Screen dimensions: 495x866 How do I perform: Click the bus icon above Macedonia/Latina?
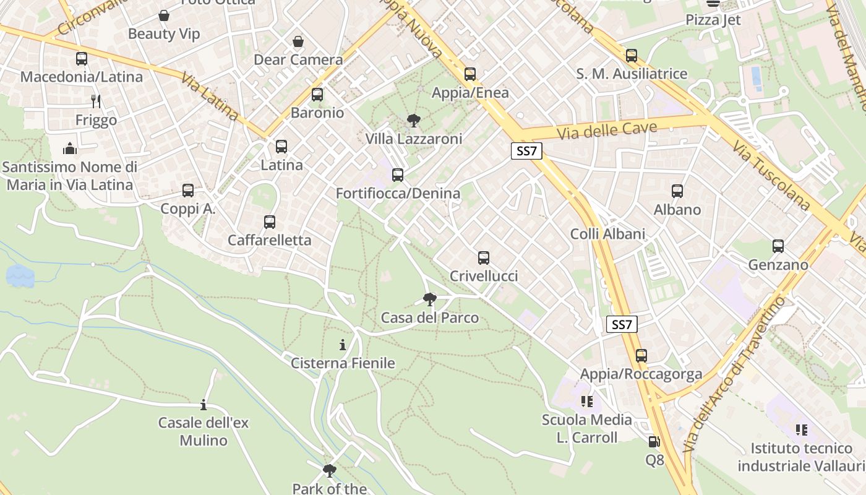(81, 59)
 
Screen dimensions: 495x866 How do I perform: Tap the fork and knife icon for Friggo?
(96, 101)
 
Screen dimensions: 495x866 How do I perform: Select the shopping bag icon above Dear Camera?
(298, 41)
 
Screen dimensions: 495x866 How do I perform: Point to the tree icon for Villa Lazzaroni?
(413, 121)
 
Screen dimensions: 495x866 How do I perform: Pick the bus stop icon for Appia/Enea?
(470, 74)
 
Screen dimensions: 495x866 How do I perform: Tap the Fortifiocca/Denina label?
(398, 194)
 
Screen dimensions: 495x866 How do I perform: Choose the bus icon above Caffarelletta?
(269, 222)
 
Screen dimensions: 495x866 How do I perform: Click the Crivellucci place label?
(484, 276)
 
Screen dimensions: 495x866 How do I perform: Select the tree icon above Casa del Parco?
(429, 300)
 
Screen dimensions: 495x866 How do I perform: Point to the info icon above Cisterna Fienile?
(343, 345)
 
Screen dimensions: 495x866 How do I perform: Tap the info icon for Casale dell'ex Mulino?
(204, 405)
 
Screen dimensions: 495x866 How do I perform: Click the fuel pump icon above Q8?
(654, 442)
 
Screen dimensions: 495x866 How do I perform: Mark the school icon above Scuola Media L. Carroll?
(586, 402)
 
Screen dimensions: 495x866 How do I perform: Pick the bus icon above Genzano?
(778, 246)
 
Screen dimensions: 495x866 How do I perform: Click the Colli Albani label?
(607, 234)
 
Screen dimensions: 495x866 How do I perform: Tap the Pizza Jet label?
(713, 20)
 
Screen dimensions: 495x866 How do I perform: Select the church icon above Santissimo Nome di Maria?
(70, 148)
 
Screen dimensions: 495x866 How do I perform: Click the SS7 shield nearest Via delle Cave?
(526, 151)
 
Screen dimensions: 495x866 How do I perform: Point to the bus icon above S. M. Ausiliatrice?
(631, 56)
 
